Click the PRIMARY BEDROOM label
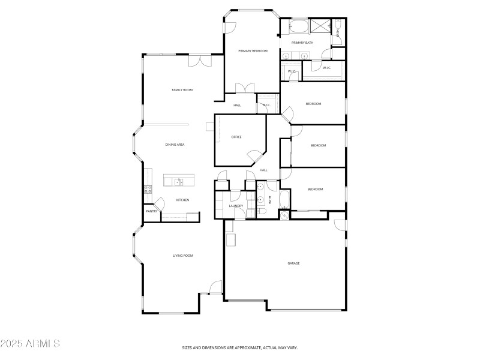pyautogui.click(x=253, y=51)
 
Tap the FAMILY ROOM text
pyautogui.click(x=182, y=90)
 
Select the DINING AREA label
pyautogui.click(x=175, y=145)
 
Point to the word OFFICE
pyautogui.click(x=236, y=137)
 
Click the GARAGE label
pyautogui.click(x=293, y=263)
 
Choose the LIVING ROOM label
pyautogui.click(x=183, y=256)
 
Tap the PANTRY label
pyautogui.click(x=151, y=211)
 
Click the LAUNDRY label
pyautogui.click(x=236, y=206)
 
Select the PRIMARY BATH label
pyautogui.click(x=302, y=43)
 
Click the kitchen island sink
pyautogui.click(x=179, y=181)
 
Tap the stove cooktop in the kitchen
pyautogui.click(x=147, y=190)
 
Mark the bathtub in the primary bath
pyautogui.click(x=298, y=27)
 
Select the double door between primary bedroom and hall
pyautogui.click(x=243, y=88)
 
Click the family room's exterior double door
pyautogui.click(x=200, y=61)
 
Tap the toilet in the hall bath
pyautogui.click(x=262, y=212)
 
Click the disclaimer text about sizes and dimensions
pyautogui.click(x=240, y=347)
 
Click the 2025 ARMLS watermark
pyautogui.click(x=30, y=344)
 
